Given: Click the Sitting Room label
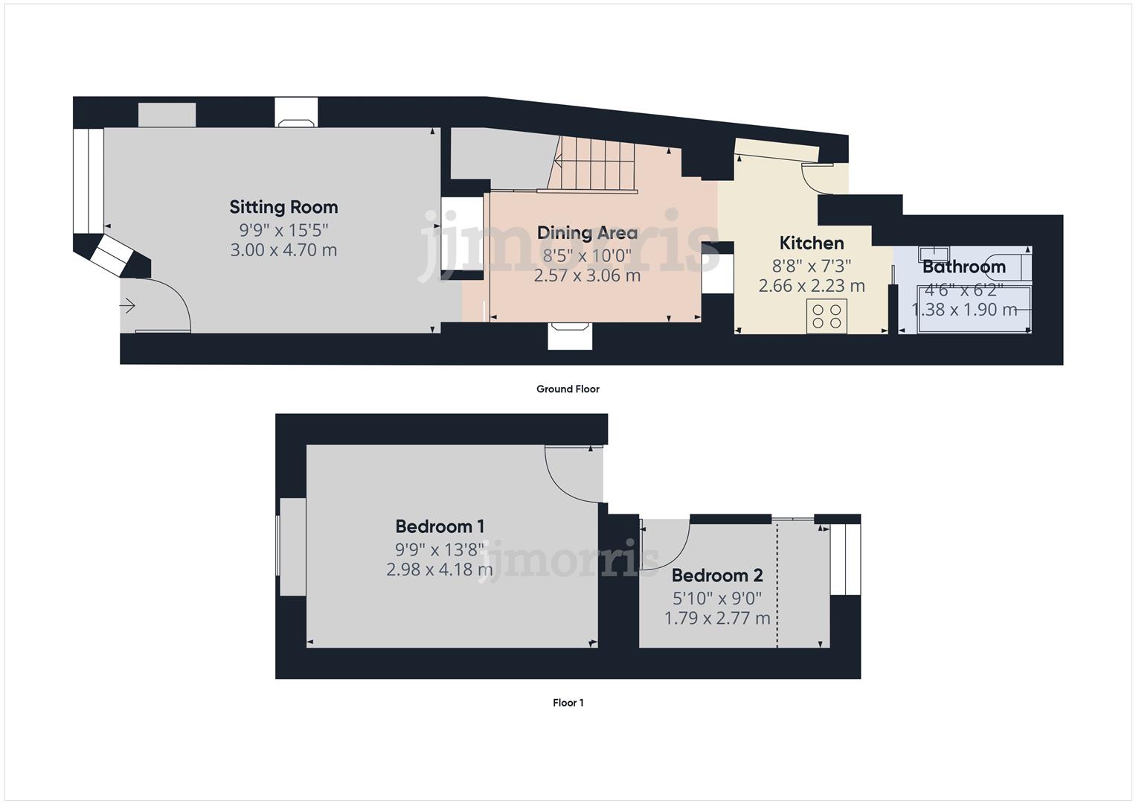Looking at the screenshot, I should pos(283,207).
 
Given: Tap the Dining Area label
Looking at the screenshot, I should pos(587,233).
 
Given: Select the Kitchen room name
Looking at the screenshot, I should pos(812,243).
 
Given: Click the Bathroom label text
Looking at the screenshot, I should pos(964,267).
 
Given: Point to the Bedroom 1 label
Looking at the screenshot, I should pos(440,526).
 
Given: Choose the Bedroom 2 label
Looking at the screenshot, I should pos(717,575).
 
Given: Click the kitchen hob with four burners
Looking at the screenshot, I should pos(827,315).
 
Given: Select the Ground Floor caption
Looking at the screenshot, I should pos(568,389).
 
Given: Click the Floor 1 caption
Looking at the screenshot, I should pos(568,702).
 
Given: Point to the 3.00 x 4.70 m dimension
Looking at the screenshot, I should pos(283,250).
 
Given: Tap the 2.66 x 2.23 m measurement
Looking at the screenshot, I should pos(812,285).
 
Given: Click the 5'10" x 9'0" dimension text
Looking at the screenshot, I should pos(717,598).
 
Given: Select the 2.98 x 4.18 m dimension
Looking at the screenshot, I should pos(440,569).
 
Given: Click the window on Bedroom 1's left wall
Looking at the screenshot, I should pos(291,546).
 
